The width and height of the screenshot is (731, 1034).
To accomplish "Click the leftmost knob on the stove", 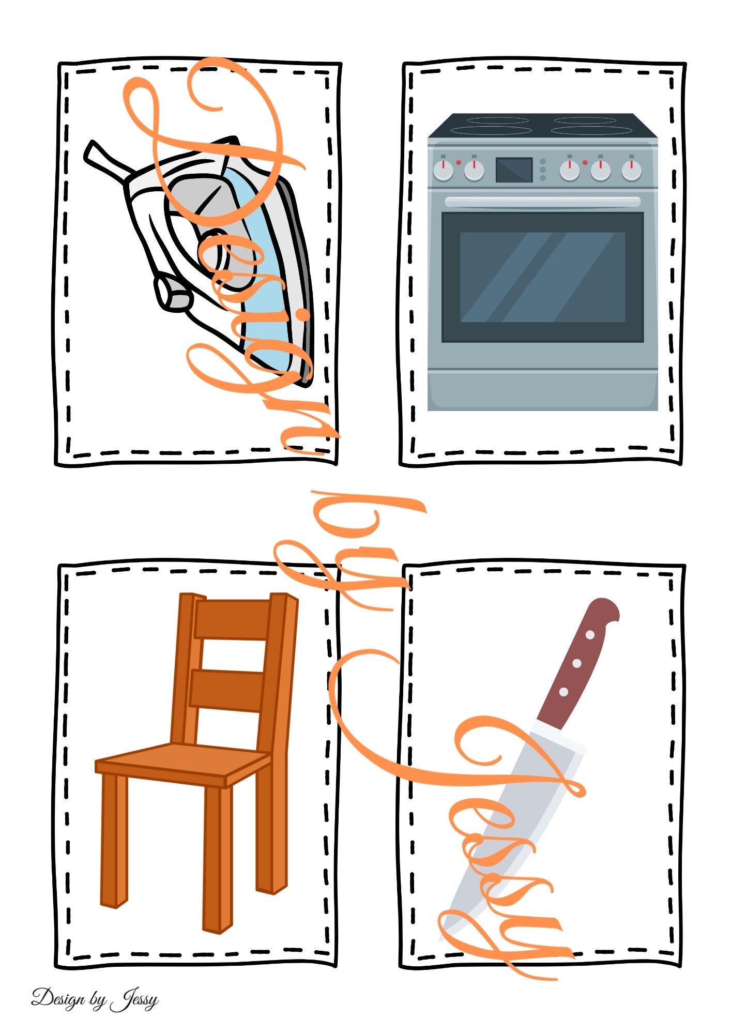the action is (x=443, y=170).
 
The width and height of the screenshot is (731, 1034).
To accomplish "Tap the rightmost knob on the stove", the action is (x=631, y=170).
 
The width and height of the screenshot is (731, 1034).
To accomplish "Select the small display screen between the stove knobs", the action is (x=514, y=170).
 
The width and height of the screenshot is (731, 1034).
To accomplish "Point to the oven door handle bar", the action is (x=542, y=202).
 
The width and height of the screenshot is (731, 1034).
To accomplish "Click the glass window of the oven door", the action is (x=542, y=277).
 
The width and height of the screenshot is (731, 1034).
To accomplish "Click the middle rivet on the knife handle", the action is (x=577, y=663).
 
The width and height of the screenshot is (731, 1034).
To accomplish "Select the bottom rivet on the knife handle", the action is (x=564, y=691).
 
